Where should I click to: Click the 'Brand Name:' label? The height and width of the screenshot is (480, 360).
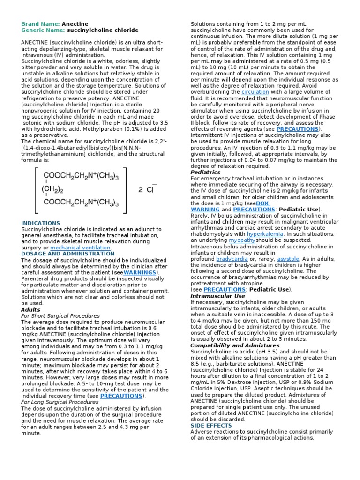pyautogui.click(x=40, y=24)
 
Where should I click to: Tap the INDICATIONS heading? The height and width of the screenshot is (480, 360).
pyautogui.click(x=41, y=223)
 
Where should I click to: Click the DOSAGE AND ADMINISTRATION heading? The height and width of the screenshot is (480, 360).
pyautogui.click(x=68, y=254)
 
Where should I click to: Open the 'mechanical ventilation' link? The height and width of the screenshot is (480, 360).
pyautogui.click(x=81, y=247)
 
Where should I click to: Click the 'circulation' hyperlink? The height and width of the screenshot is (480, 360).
pyautogui.click(x=255, y=92)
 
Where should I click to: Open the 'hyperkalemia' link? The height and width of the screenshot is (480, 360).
pyautogui.click(x=265, y=233)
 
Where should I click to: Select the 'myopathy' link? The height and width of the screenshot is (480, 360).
pyautogui.click(x=242, y=240)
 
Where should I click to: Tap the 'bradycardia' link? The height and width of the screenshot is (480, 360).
pyautogui.click(x=232, y=258)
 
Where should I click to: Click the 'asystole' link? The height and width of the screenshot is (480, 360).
pyautogui.click(x=288, y=258)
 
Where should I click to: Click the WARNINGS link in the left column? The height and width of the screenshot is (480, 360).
pyautogui.click(x=140, y=272)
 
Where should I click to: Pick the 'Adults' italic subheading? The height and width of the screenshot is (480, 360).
pyautogui.click(x=31, y=309)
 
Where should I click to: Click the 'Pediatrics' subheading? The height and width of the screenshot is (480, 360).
pyautogui.click(x=205, y=172)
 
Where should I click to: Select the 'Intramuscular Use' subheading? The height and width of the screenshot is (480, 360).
pyautogui.click(x=217, y=296)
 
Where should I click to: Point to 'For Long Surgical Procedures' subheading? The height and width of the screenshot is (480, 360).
pyautogui.click(x=60, y=402)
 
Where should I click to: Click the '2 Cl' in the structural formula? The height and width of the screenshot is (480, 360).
pyautogui.click(x=147, y=190)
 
